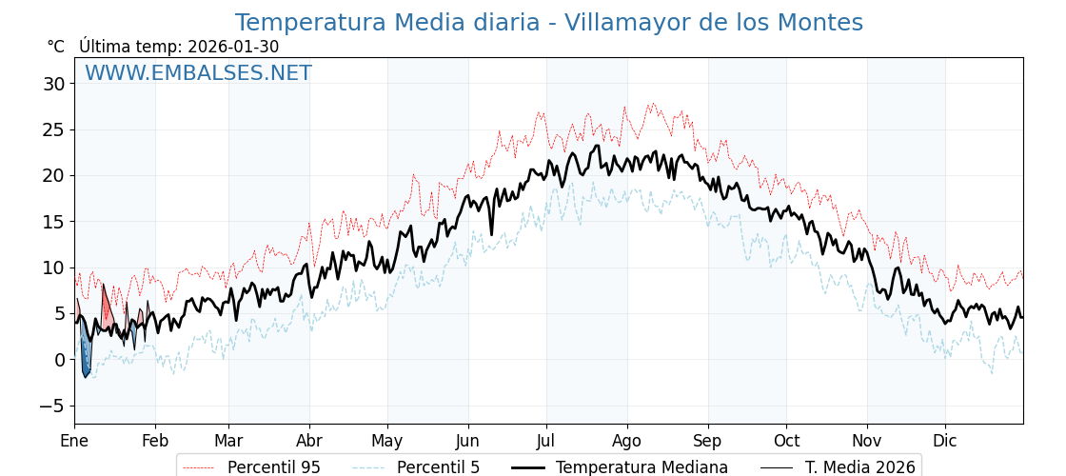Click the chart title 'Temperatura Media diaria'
point(548,23)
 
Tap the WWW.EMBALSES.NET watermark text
point(198,73)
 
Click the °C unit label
point(56,47)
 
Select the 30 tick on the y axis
point(53,84)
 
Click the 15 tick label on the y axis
point(53,222)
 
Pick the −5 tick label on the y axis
point(49,406)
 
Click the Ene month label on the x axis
point(74,441)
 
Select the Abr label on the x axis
point(309,441)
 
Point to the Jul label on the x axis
point(546,441)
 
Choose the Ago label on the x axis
point(627,441)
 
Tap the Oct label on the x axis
point(786,441)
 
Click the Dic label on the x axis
point(945,441)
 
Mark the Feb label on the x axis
point(155,441)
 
